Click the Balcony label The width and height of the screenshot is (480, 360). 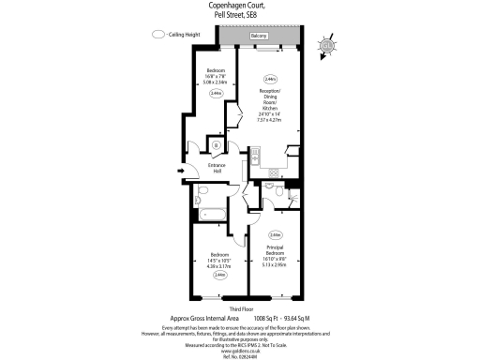[260, 36]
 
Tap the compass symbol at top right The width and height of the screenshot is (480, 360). [326, 46]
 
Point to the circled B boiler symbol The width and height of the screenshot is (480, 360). [217, 146]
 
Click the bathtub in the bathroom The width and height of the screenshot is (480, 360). [210, 215]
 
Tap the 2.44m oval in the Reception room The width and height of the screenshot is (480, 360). [270, 80]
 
